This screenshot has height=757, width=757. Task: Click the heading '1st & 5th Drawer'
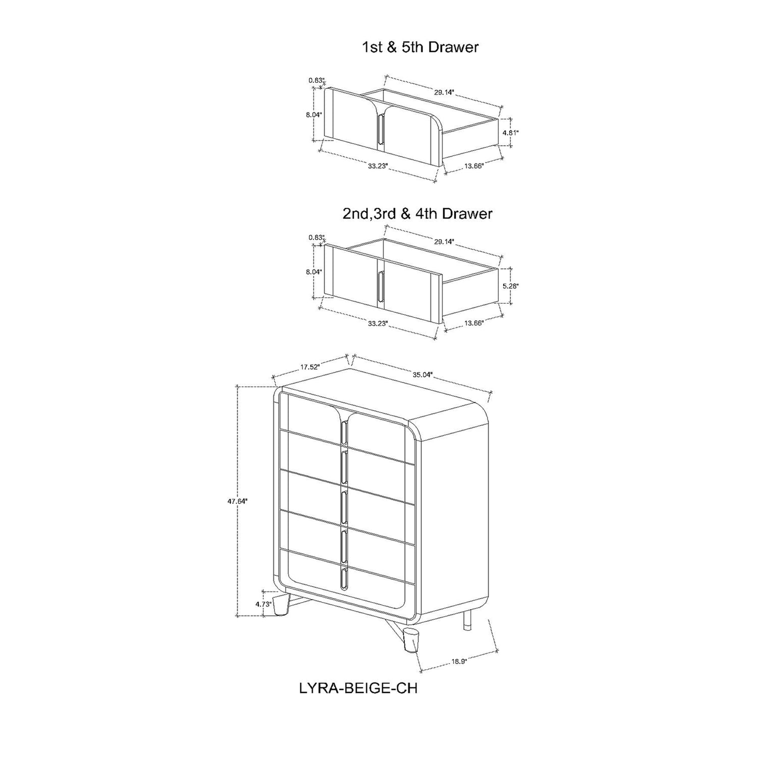[x=420, y=47]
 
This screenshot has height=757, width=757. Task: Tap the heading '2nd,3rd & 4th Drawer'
[x=417, y=213]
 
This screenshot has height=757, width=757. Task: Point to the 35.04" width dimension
[x=423, y=374]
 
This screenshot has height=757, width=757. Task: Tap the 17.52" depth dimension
[x=310, y=367]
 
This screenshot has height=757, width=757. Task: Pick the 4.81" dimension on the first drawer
[x=511, y=133]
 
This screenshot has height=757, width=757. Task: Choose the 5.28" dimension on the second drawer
[x=511, y=286]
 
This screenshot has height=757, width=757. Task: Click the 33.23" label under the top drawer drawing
[x=377, y=166]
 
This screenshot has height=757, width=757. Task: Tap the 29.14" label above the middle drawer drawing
[x=444, y=242]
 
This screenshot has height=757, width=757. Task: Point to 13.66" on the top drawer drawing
[x=473, y=166]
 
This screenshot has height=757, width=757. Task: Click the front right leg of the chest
[x=412, y=640]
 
